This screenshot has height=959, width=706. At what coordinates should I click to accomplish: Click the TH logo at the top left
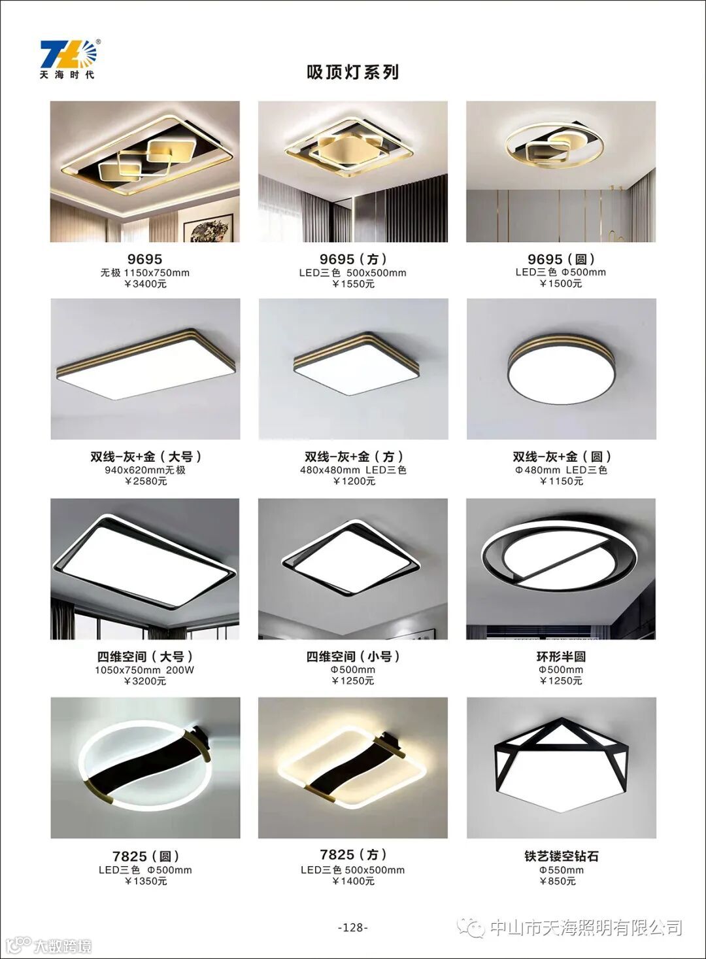click(69, 59)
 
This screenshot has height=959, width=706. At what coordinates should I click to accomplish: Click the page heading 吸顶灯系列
click(352, 73)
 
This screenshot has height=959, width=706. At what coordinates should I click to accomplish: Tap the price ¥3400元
click(145, 284)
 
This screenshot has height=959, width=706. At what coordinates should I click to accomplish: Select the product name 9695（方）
click(353, 259)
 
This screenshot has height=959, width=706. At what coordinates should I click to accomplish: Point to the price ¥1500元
click(560, 283)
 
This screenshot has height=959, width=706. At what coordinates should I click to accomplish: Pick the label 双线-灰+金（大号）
click(146, 457)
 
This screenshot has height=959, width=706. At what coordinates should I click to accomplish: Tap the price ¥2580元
click(146, 481)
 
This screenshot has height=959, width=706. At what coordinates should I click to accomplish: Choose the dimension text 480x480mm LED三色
click(353, 470)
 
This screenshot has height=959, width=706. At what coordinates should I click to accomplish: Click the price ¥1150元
click(561, 481)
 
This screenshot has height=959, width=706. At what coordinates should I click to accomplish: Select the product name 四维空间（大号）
click(145, 656)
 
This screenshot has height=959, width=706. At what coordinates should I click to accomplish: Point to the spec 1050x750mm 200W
click(144, 670)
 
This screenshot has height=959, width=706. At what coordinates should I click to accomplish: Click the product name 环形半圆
click(561, 656)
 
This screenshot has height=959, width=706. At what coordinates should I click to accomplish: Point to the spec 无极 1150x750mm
click(145, 273)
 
